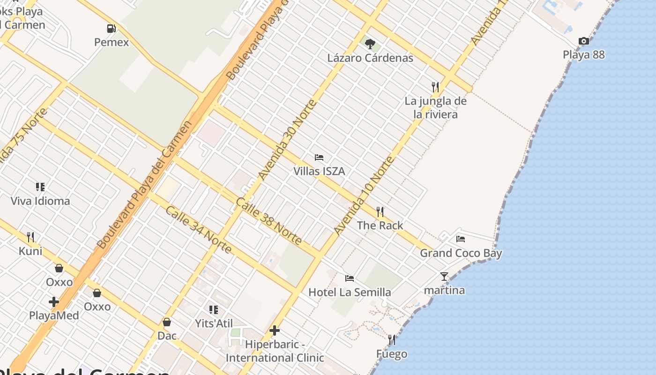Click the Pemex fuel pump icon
tap(111, 29)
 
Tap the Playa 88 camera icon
tap(583, 41)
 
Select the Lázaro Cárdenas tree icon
tap(370, 44)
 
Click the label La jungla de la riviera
tap(436, 107)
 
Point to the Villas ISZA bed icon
tap(319, 157)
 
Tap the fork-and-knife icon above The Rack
tap(380, 212)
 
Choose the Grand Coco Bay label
tap(461, 253)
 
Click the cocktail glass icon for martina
tap(444, 277)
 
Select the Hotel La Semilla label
tap(350, 292)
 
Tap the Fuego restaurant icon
tap(391, 340)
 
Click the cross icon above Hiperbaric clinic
tap(275, 331)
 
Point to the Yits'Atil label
tap(214, 322)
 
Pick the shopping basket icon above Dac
tap(167, 322)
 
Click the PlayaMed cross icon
tap(54, 302)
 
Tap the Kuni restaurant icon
tap(30, 237)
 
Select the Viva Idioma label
tap(40, 201)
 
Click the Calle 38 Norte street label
tap(268, 221)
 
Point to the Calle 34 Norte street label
tap(198, 230)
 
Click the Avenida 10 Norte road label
tap(364, 196)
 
